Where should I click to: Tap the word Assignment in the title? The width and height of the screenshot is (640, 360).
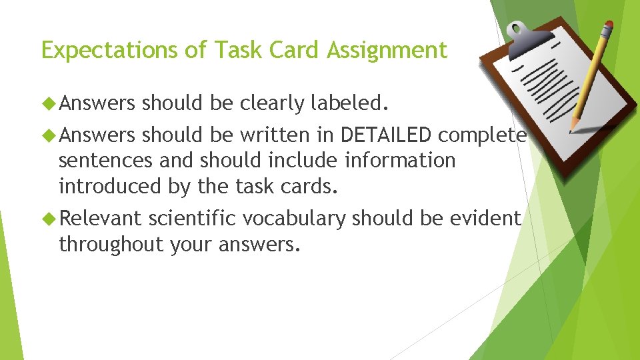[x=387, y=51]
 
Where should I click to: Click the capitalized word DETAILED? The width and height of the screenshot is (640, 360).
[x=386, y=135]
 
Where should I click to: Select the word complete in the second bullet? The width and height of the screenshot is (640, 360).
[x=482, y=135]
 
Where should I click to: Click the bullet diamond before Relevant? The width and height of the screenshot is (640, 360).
[x=49, y=218]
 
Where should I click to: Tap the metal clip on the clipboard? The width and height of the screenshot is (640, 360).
[x=528, y=31]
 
